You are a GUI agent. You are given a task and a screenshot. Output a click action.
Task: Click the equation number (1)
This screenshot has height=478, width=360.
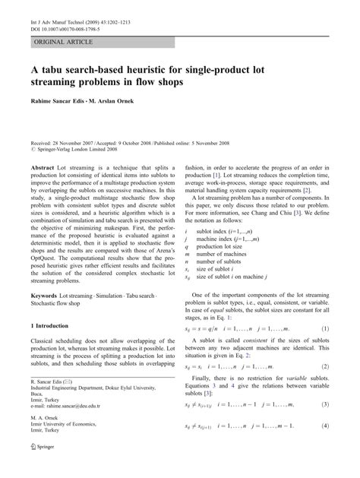(324, 307)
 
